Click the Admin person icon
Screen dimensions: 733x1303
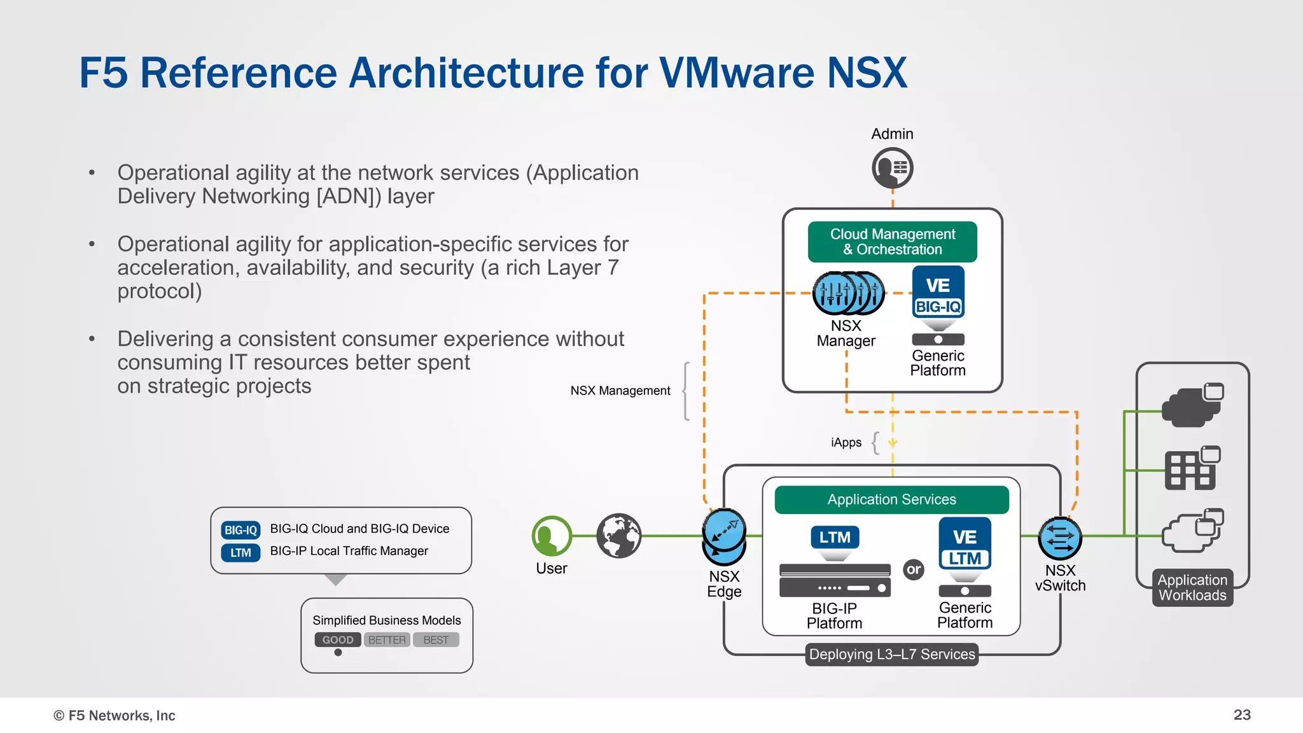pos(892,168)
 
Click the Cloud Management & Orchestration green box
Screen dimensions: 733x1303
pos(892,242)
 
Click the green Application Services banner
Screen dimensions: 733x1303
pos(891,499)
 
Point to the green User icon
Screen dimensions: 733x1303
pos(551,536)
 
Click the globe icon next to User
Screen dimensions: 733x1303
pos(618,536)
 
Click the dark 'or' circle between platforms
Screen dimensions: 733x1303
pos(914,569)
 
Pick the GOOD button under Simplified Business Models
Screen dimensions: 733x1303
pos(338,639)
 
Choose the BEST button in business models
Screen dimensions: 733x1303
pos(436,639)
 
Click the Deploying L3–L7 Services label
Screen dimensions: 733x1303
pos(891,654)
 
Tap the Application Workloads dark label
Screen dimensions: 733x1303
pos(1192,587)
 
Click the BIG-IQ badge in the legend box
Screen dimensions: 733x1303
pos(240,530)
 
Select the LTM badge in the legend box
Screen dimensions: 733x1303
pos(240,553)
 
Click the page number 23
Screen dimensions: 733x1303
pos(1242,715)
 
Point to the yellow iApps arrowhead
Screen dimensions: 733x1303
pos(893,442)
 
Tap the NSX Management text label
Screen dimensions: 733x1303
pos(620,391)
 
